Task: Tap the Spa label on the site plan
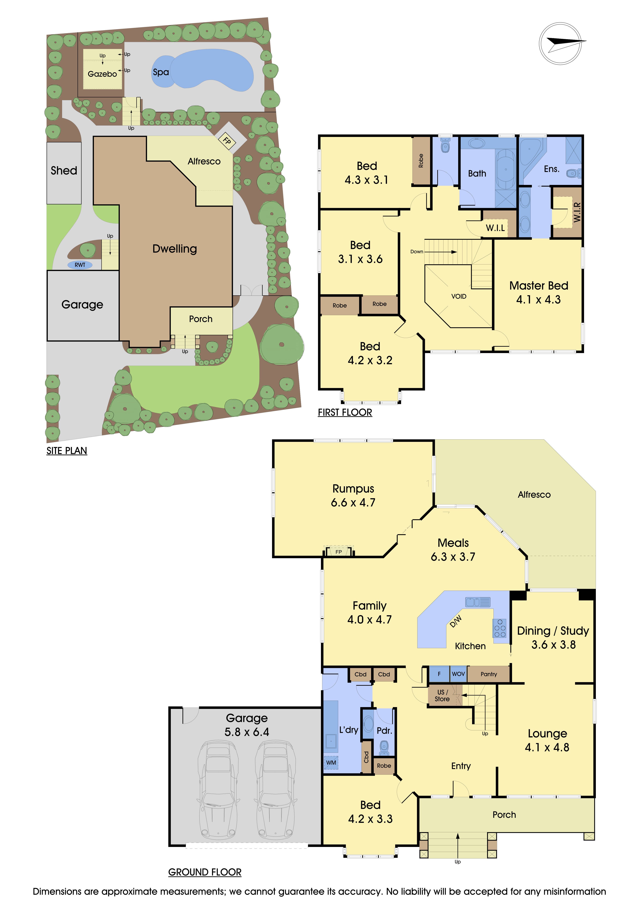click(161, 72)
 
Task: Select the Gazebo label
click(102, 74)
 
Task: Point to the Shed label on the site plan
click(64, 171)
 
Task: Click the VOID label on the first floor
click(459, 296)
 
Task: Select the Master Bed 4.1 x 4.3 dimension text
click(538, 299)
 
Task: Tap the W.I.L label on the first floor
click(495, 228)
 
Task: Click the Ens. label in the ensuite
click(551, 169)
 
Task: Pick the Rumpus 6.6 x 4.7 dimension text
click(353, 502)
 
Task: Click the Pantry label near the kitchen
click(489, 674)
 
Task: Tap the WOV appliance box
click(458, 674)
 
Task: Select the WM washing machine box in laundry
click(331, 762)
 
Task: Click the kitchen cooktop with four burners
click(500, 628)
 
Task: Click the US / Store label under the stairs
click(442, 696)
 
